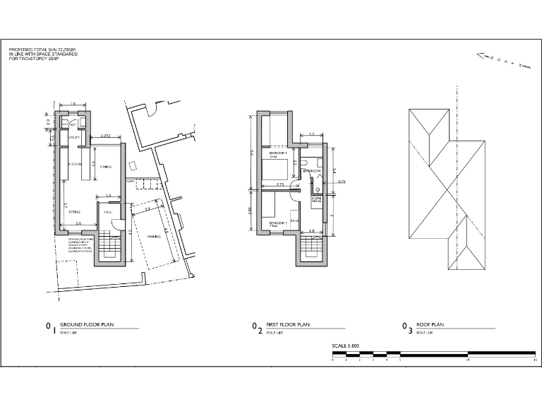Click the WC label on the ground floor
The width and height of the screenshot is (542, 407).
tap(73, 124)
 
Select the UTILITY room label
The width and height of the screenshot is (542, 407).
tap(73, 138)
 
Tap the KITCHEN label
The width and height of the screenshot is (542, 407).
tap(76, 165)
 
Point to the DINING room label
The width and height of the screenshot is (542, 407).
tap(106, 166)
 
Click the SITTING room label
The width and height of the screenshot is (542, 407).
tap(74, 211)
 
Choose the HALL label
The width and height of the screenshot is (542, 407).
tap(108, 211)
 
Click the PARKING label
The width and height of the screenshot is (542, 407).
tap(154, 236)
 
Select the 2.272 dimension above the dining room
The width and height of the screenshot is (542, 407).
tap(106, 135)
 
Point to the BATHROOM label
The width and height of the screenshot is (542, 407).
tap(312, 171)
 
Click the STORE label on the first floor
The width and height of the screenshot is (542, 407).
tap(317, 200)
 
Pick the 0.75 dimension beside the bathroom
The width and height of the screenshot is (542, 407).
tap(342, 182)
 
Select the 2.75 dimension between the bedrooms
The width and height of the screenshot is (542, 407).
tap(280, 184)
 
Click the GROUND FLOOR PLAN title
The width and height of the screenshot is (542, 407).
tap(87, 325)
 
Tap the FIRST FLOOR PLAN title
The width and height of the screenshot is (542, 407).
tap(289, 325)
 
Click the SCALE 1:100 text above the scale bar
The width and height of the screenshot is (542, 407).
tap(346, 346)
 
